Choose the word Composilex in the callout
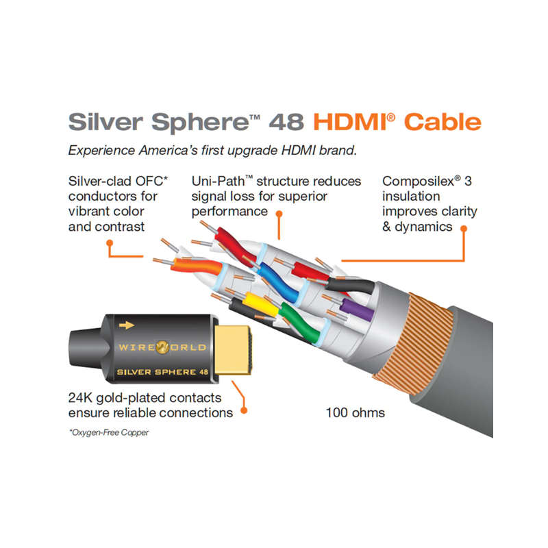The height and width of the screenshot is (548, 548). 418,182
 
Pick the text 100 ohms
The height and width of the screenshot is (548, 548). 356,412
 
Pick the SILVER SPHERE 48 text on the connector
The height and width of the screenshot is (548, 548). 161,371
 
